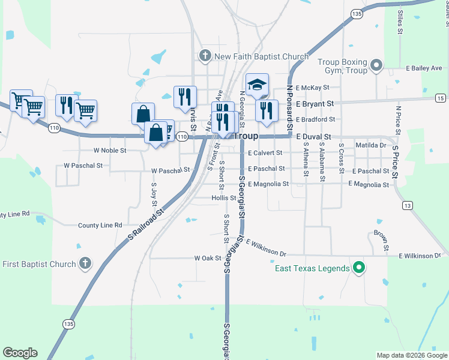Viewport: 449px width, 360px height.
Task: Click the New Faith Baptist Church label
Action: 261,57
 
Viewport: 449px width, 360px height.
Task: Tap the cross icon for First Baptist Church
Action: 85,263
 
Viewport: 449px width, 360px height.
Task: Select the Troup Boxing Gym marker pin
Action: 376,64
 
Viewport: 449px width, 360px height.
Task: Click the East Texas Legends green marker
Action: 359,268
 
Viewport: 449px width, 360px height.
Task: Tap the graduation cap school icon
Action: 257,85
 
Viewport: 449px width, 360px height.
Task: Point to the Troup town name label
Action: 245,136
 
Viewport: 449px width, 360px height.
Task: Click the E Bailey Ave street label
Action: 424,68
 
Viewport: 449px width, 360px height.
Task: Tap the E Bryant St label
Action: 315,104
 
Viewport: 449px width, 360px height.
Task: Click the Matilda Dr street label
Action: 370,145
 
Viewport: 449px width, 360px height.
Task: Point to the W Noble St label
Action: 109,151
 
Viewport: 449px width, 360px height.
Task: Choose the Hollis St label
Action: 224,197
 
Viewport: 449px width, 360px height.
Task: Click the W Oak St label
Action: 208,258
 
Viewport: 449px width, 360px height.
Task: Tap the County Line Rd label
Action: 100,226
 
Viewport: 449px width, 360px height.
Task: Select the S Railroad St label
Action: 146,225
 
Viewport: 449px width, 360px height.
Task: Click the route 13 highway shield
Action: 408,206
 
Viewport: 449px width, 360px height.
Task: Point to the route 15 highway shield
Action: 440,98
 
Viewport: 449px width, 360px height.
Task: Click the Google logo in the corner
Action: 20,353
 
